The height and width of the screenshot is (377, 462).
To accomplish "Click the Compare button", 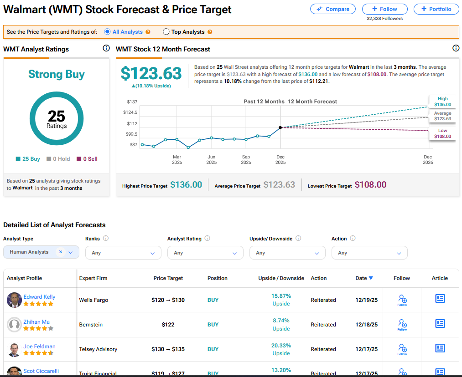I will click(333, 9).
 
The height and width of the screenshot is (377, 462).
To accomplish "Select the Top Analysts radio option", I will click(166, 32).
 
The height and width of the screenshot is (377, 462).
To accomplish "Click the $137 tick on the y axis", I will click(132, 102).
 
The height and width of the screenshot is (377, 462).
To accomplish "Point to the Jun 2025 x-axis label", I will click(212, 159).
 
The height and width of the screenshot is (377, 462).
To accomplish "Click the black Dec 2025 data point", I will click(280, 127).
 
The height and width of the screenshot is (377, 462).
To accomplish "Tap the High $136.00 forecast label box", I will click(442, 102).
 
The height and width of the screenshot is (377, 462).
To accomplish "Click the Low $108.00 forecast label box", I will click(442, 133).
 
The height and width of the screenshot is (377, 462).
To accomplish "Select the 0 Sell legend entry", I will click(87, 159).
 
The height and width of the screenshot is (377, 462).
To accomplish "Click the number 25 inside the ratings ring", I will click(57, 116).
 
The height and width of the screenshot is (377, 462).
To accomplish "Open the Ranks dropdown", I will click(123, 253).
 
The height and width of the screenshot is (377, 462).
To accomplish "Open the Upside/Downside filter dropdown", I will click(287, 253).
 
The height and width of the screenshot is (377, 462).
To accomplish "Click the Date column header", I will click(364, 278).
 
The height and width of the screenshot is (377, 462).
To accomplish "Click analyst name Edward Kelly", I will click(39, 297).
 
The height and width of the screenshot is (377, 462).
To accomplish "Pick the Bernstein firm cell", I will click(91, 325).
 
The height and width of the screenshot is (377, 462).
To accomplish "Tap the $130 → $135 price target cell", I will click(168, 349).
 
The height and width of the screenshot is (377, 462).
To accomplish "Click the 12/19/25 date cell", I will click(367, 300).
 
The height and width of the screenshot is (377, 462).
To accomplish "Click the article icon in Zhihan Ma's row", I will click(440, 324).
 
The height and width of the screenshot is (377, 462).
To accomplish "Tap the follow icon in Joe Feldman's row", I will click(402, 349).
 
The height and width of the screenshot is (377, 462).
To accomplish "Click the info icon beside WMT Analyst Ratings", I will click(106, 48).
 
